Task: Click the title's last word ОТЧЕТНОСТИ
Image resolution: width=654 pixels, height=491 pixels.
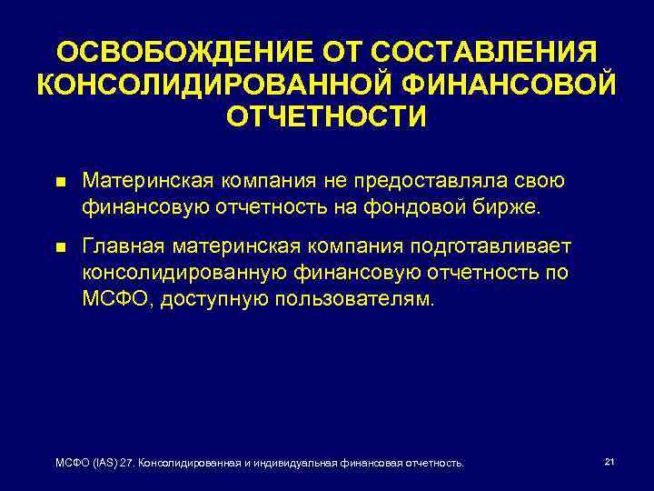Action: pyautogui.click(x=326, y=116)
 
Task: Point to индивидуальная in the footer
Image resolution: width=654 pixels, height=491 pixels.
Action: pyautogui.click(x=290, y=464)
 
